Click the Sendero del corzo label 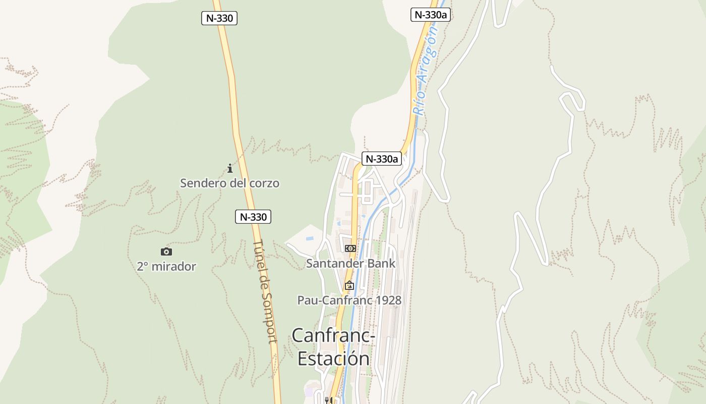coord(229,183)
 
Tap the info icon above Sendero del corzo coord(230,168)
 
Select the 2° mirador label coord(166,266)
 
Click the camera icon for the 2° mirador coord(166,251)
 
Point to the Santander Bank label coord(351,263)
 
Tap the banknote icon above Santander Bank coord(350,248)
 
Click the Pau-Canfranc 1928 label coord(349,300)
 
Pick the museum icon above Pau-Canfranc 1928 coord(349,285)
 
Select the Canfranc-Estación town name coord(333,346)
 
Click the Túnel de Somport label coord(266,291)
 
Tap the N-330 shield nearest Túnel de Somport coord(253,217)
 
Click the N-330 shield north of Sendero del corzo coord(219,18)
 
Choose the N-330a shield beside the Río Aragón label coord(431,15)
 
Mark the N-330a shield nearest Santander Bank coord(382,159)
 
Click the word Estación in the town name coord(333,358)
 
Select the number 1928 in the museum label coord(388,300)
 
